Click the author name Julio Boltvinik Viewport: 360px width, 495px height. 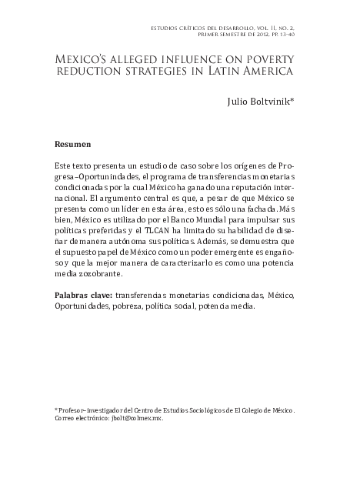click(254, 102)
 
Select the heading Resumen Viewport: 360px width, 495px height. click(74, 144)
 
